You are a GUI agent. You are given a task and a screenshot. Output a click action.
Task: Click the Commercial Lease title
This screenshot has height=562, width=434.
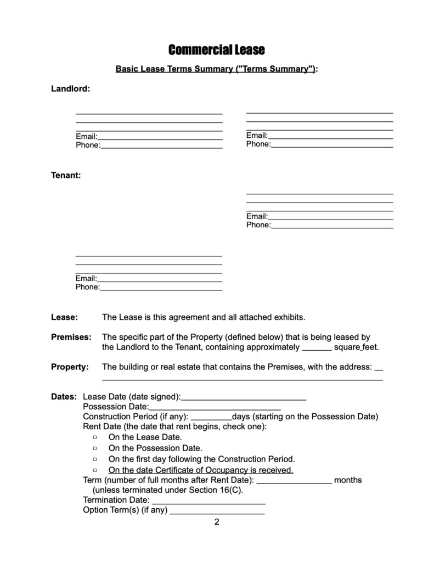[216, 50]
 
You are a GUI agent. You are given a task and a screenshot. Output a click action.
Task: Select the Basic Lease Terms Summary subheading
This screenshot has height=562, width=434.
[216, 69]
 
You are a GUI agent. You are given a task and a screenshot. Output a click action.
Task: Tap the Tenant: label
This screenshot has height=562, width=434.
[66, 176]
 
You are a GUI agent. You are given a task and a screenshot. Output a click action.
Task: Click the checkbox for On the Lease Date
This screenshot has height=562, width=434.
[95, 437]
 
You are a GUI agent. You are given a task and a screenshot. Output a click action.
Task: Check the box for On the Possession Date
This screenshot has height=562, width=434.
[95, 448]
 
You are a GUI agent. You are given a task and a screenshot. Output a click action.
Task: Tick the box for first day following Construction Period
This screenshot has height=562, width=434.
[95, 459]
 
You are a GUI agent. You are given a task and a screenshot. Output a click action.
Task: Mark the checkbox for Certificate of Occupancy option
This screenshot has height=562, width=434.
[95, 470]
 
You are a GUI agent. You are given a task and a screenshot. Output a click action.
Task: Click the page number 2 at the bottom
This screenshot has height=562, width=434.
[217, 522]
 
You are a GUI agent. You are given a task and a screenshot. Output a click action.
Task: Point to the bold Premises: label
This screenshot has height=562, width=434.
[71, 337]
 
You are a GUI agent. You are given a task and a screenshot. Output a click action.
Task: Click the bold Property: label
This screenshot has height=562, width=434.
[70, 367]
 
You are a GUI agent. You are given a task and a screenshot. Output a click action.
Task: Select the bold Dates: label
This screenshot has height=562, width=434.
[64, 397]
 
